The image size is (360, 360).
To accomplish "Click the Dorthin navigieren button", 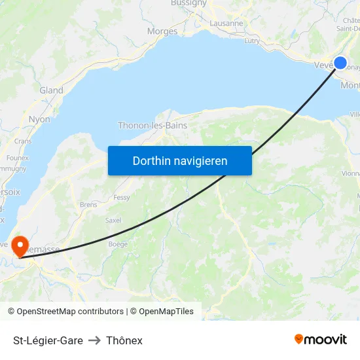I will (180, 160).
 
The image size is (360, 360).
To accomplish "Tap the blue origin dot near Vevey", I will (340, 63).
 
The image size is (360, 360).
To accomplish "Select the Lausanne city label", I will (226, 23).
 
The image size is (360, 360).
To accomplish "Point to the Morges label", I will (162, 31).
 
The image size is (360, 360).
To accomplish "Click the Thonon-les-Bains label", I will (153, 125).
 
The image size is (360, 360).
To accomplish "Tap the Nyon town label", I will (39, 119).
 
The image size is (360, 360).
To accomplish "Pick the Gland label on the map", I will (52, 90).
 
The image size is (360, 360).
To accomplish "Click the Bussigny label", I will (189, 3).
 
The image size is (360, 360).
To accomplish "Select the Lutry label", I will (252, 41).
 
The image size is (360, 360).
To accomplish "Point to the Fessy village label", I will (122, 197).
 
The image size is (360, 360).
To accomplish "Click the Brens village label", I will (88, 204).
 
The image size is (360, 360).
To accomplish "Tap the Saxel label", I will (113, 221).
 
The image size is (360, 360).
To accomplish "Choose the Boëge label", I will (118, 244).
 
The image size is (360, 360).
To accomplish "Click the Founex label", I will (17, 158).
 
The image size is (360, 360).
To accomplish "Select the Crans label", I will (23, 141).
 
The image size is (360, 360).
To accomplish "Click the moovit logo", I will (321, 339).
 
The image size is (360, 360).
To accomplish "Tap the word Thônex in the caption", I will (124, 340).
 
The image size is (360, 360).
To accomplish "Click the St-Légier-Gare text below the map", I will (48, 340).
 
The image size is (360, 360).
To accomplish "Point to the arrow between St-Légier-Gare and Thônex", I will (94, 340).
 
